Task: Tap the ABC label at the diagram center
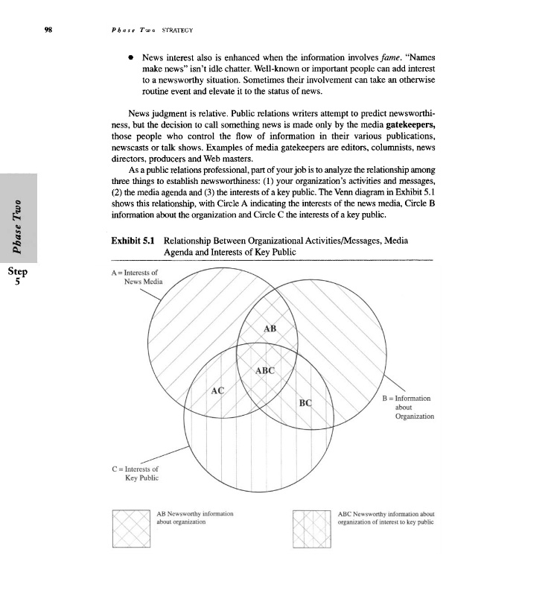point(265,370)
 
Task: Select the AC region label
point(218,390)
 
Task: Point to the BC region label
point(305,403)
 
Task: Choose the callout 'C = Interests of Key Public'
point(135,473)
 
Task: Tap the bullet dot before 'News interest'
point(130,57)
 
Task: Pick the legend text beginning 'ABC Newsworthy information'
point(386,518)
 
